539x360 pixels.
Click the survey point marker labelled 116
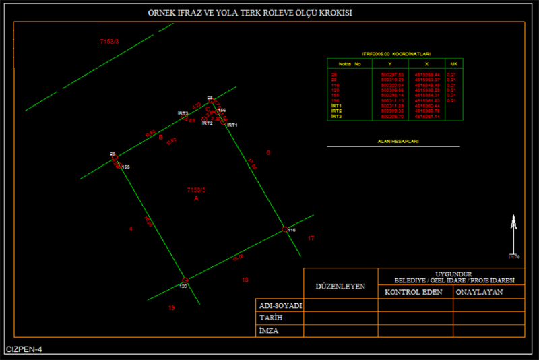(x=284, y=229)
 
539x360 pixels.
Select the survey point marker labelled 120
(x=185, y=280)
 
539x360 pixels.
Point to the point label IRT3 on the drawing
(x=183, y=113)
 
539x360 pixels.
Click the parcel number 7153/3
(x=108, y=42)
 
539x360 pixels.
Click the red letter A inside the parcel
(x=196, y=199)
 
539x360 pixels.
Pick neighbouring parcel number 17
(x=311, y=239)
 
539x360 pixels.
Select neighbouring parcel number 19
(x=171, y=308)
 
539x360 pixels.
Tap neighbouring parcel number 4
(x=131, y=230)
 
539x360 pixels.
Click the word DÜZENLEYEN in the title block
(x=341, y=286)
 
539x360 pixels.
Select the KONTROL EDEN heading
(x=413, y=293)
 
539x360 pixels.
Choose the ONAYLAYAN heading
(x=480, y=293)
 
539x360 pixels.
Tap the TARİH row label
(x=271, y=318)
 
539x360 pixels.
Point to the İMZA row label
(x=269, y=331)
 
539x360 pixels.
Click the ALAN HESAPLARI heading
(x=393, y=142)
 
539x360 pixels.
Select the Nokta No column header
(x=350, y=64)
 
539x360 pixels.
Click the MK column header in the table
(x=453, y=64)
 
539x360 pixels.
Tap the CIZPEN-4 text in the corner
(x=24, y=349)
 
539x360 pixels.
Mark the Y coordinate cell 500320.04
(x=392, y=85)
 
